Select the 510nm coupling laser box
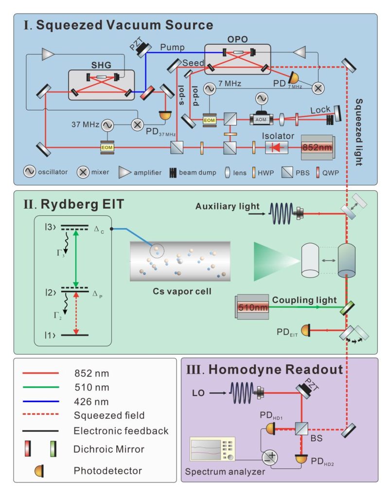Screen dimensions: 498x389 (x=252, y=307)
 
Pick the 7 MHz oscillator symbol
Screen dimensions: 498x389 (x=210, y=89)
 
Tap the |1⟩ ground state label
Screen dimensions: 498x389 (x=49, y=335)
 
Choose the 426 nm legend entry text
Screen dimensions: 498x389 (x=93, y=401)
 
